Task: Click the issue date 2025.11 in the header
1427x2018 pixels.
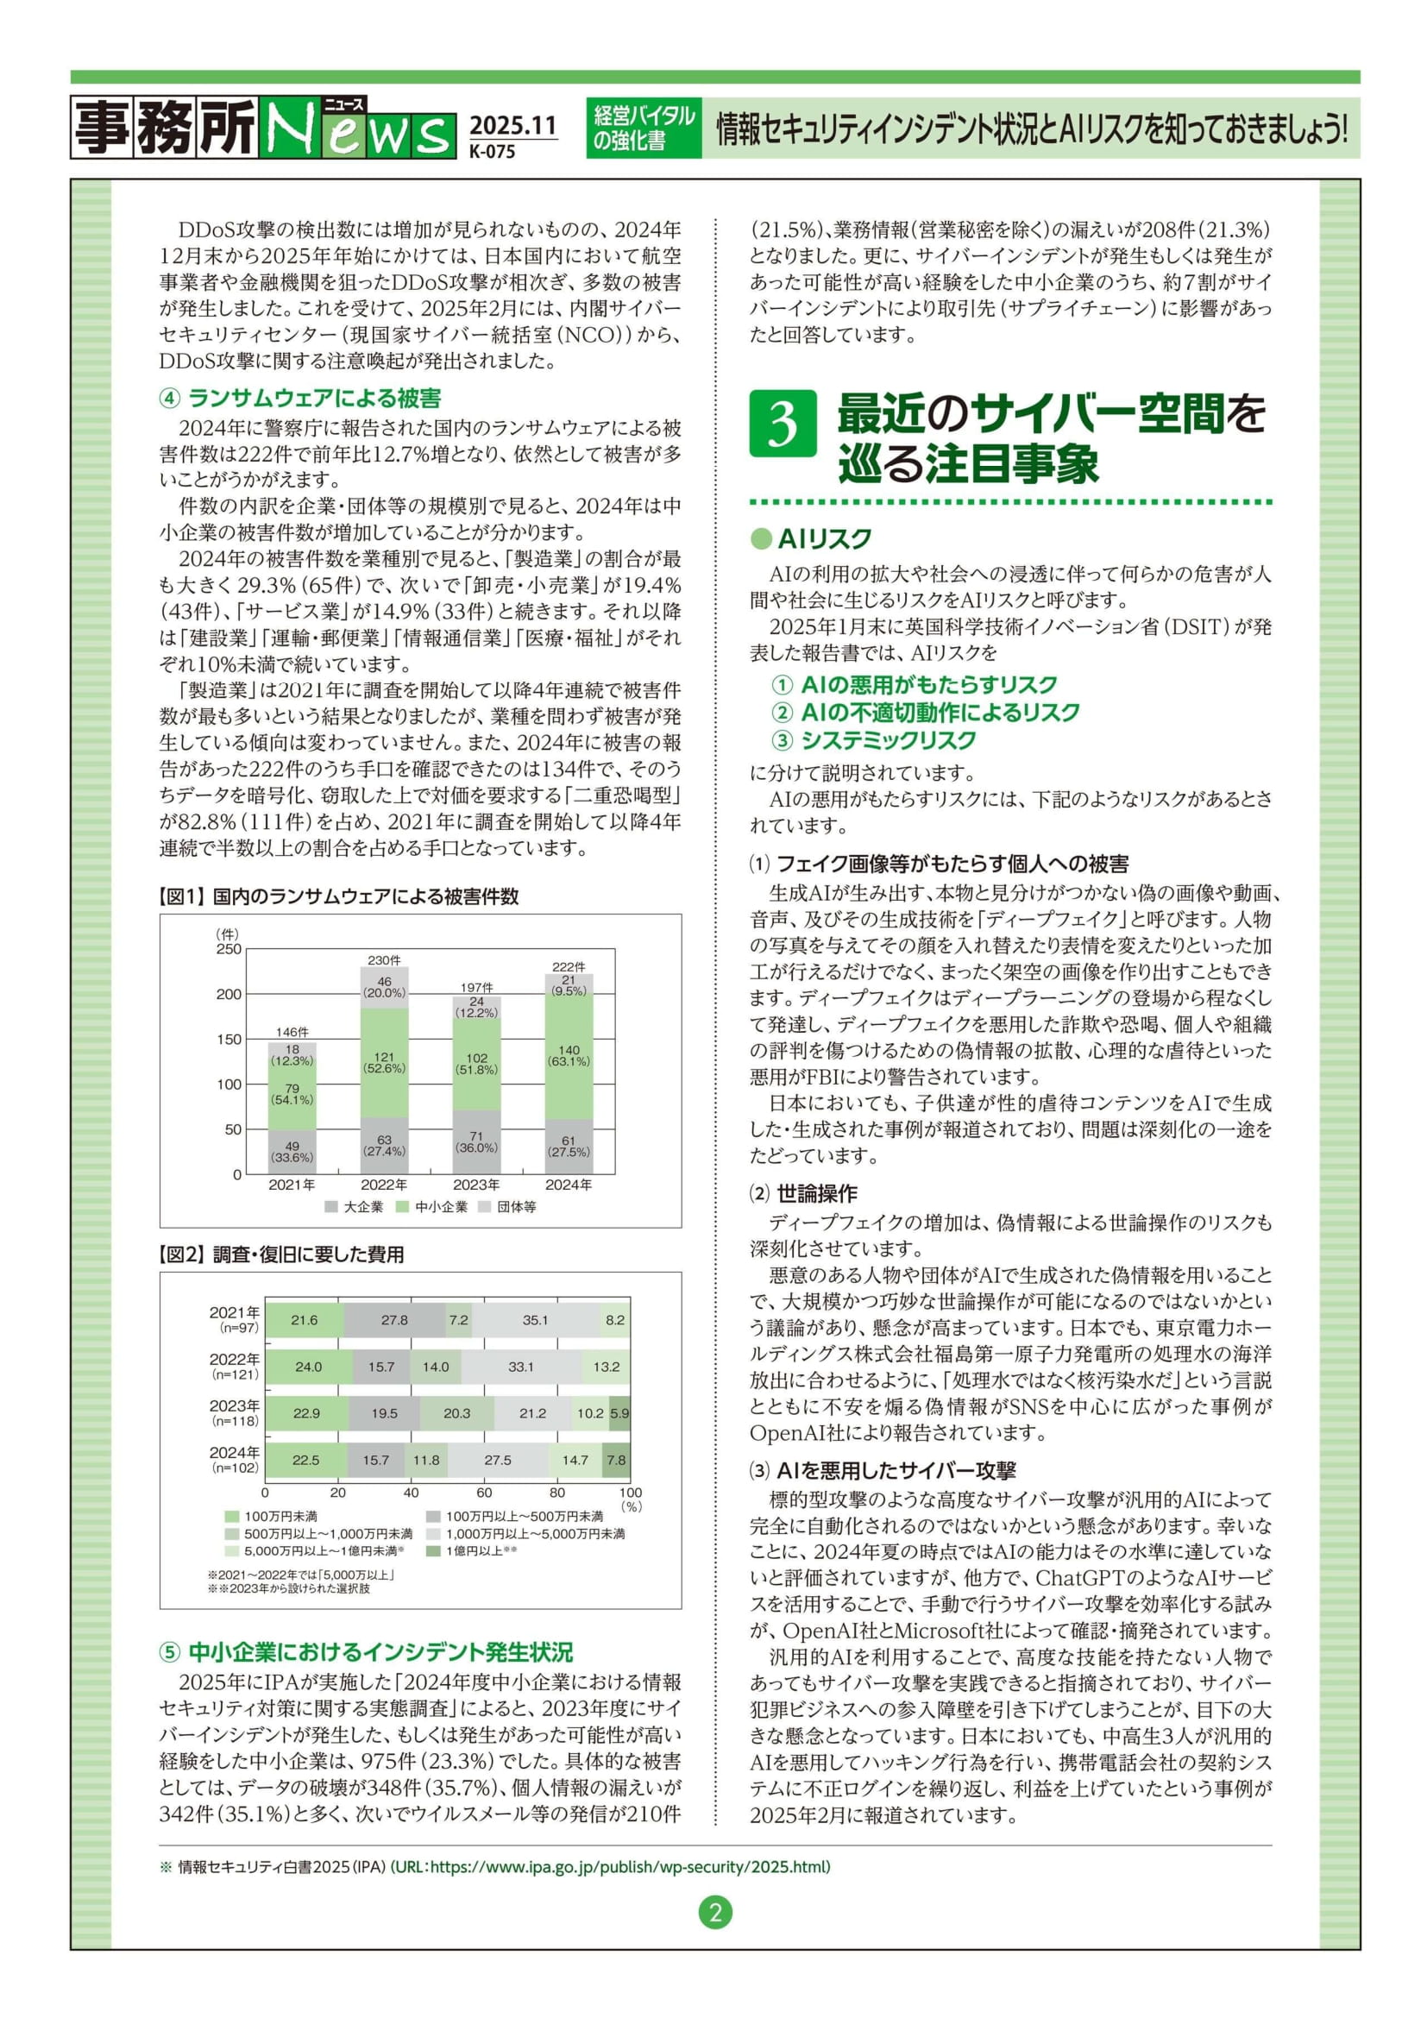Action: point(512,126)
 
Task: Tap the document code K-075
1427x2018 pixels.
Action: point(492,151)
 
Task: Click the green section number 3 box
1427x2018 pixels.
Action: point(782,424)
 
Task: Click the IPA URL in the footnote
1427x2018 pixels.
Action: point(610,1867)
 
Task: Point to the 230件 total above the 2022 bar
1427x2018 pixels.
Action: point(384,960)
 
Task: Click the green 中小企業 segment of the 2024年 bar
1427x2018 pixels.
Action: point(569,1055)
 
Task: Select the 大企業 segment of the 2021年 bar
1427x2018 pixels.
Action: point(292,1152)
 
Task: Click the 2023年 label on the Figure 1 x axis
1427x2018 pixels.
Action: point(476,1185)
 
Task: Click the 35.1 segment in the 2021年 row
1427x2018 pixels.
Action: point(534,1319)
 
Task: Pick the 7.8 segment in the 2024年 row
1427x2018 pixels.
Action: point(617,1460)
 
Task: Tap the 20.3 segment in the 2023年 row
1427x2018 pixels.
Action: point(456,1413)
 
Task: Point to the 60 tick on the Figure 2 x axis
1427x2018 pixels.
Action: point(484,1493)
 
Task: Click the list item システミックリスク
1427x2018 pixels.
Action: point(888,740)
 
